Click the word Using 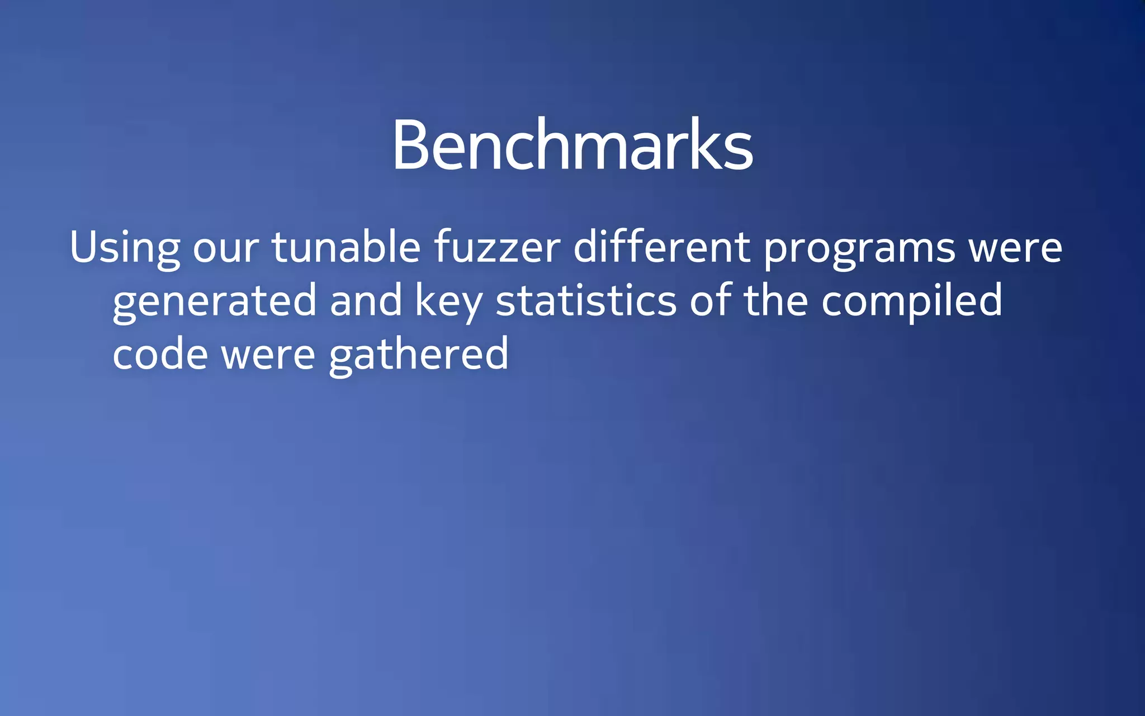coord(125,247)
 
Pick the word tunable coord(346,247)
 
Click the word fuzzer coord(497,247)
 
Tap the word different coord(662,247)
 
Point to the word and coord(366,300)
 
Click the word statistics coord(586,300)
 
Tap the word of coord(710,300)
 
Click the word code coord(160,354)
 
